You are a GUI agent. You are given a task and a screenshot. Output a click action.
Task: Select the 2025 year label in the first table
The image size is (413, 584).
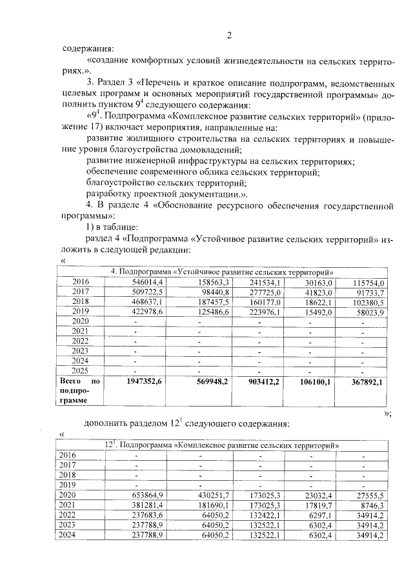pos(80,371)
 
